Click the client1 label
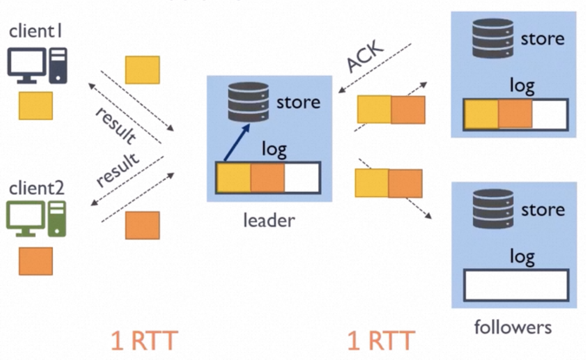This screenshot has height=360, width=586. [x=35, y=31]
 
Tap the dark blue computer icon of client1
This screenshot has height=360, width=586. [x=37, y=65]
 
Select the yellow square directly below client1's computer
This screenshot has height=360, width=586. [x=36, y=105]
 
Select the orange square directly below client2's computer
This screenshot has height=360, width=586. [x=36, y=261]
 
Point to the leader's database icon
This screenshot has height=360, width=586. [x=249, y=101]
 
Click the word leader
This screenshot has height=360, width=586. [x=269, y=220]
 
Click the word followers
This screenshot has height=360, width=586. [x=513, y=327]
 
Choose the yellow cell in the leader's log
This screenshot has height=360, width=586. [x=234, y=177]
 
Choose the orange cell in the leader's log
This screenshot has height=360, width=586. [x=267, y=177]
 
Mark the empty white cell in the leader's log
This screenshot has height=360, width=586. [x=302, y=177]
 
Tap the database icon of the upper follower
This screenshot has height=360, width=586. [x=493, y=38]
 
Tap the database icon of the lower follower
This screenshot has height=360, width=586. [x=493, y=209]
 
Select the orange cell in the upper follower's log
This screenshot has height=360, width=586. [x=515, y=114]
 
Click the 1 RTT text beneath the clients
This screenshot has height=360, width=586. [x=144, y=340]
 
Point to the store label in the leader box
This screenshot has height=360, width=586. [x=298, y=102]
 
